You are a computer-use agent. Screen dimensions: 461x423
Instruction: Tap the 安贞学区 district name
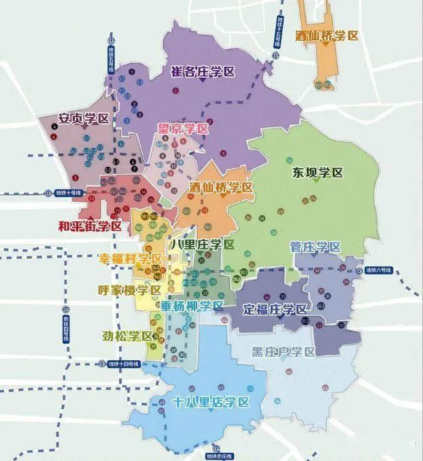tap(84, 118)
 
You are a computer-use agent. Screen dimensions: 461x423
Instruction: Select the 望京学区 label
tap(183, 128)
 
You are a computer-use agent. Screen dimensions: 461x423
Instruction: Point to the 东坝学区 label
tap(319, 172)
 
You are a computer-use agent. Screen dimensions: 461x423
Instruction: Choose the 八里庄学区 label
tap(202, 244)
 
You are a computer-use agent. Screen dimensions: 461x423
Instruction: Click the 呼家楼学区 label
tap(129, 289)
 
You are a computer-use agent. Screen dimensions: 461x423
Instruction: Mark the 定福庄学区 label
tap(275, 309)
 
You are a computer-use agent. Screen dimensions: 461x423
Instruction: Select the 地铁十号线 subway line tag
tap(68, 193)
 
